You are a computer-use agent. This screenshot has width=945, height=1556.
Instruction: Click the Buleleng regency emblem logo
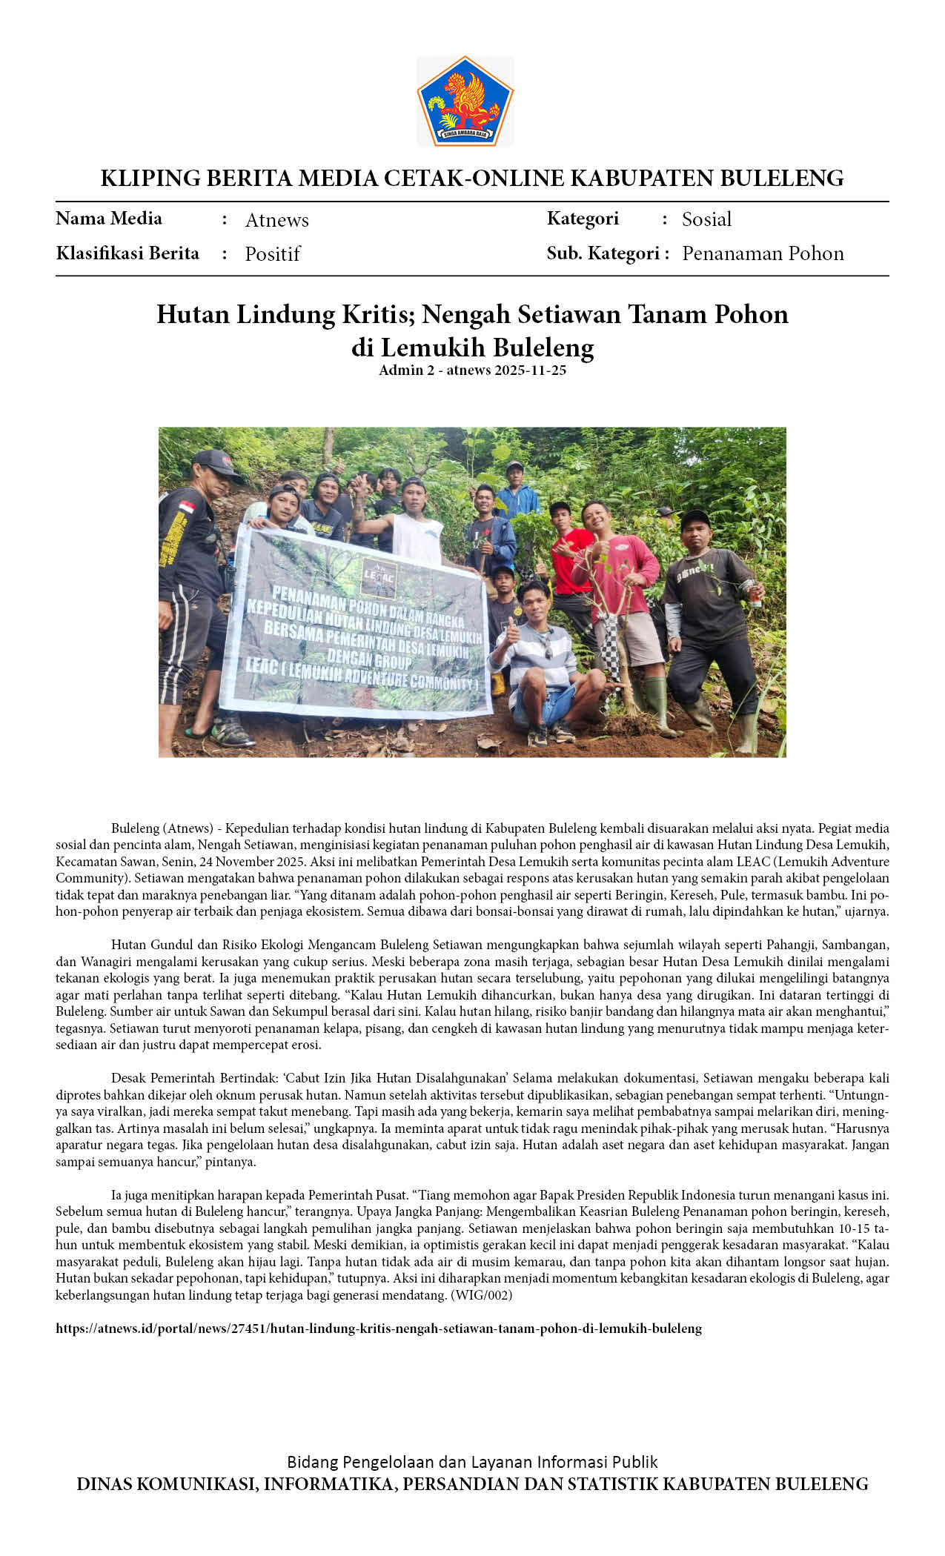(465, 101)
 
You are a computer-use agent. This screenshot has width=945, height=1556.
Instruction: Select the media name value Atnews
(276, 220)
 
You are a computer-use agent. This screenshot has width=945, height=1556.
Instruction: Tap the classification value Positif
(272, 254)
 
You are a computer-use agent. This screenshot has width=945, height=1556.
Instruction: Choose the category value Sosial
(706, 219)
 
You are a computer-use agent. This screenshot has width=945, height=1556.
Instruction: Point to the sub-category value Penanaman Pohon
(763, 253)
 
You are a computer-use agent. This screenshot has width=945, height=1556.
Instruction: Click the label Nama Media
(109, 219)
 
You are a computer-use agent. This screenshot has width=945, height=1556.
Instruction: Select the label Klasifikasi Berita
(127, 253)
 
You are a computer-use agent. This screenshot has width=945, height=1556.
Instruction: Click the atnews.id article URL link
(378, 1329)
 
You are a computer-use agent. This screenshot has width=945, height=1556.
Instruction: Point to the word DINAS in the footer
(105, 1484)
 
